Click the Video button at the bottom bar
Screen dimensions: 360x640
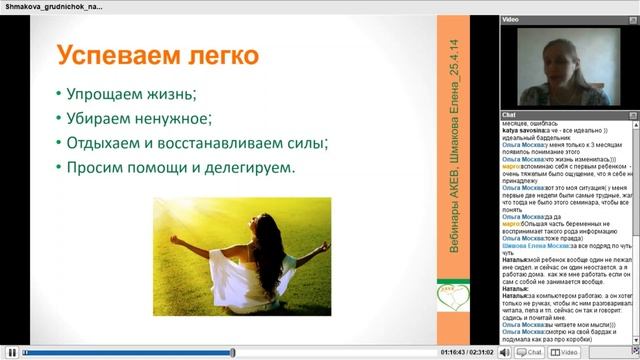click(569, 352)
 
